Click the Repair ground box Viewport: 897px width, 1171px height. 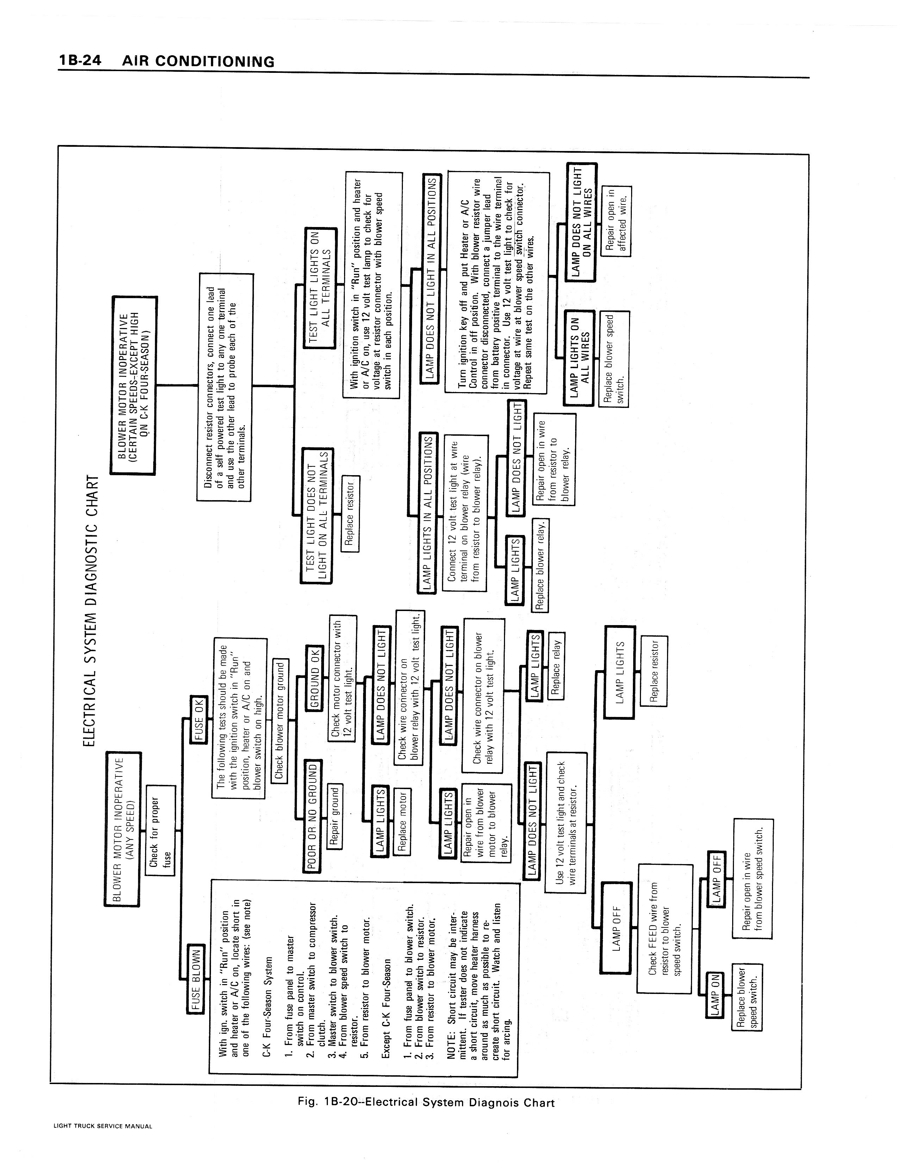tap(335, 816)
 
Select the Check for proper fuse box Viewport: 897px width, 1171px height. tap(160, 831)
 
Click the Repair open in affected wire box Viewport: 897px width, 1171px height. tap(617, 221)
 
